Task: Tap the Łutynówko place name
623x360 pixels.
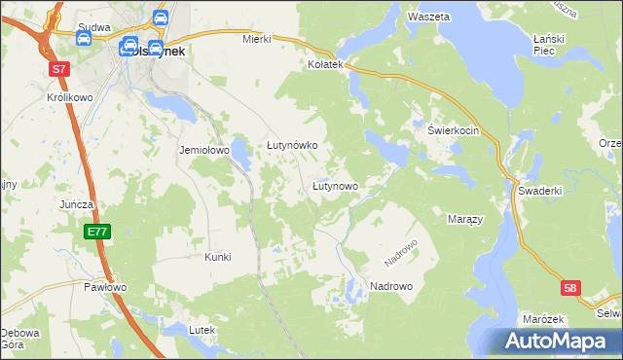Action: [x=293, y=145]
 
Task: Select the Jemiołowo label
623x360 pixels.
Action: [x=203, y=151]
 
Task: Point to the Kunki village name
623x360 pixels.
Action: [x=217, y=257]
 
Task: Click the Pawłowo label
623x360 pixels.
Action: [x=105, y=287]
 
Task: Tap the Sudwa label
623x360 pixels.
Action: [x=95, y=29]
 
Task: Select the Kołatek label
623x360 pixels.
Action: [x=327, y=64]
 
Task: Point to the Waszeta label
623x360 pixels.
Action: [x=428, y=18]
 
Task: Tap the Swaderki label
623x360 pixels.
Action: [x=540, y=191]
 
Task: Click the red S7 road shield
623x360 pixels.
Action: [x=60, y=69]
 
